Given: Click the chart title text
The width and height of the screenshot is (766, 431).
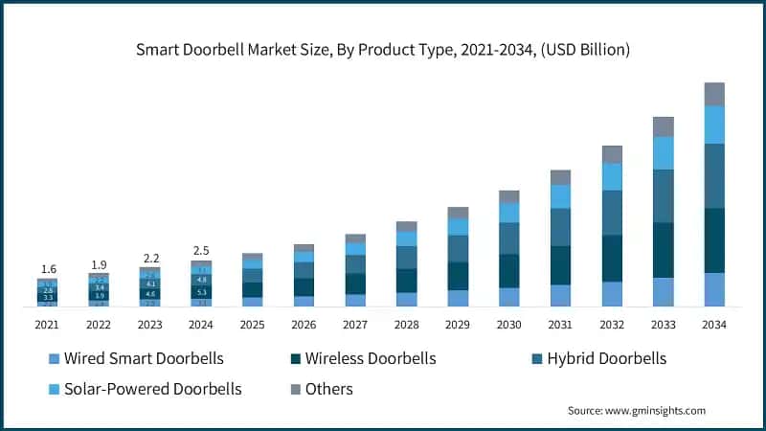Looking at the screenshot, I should (x=383, y=50).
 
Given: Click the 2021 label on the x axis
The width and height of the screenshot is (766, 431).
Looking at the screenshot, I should (x=47, y=325).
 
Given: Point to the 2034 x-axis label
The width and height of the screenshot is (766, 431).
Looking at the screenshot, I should (x=714, y=325).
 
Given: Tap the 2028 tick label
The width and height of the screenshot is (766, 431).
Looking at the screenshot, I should (x=406, y=325).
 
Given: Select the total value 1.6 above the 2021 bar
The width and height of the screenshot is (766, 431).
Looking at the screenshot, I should (x=47, y=270).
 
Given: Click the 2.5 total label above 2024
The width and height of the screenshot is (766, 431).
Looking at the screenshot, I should (x=201, y=251).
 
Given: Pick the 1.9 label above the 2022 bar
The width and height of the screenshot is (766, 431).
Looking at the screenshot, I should (x=99, y=264).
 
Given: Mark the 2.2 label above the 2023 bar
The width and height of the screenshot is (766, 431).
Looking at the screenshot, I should (x=149, y=259).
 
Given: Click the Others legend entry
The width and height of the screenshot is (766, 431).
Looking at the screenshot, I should (x=328, y=389).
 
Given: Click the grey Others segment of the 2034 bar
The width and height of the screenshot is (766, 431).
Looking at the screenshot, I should (x=714, y=94).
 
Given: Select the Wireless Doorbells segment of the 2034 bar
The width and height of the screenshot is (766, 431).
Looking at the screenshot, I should (x=714, y=240).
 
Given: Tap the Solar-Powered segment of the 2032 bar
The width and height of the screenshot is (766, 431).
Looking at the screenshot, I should (x=612, y=176).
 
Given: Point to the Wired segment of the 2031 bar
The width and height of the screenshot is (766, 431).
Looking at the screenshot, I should (x=560, y=296).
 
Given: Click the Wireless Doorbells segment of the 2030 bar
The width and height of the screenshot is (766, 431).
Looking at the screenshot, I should (x=509, y=271).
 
